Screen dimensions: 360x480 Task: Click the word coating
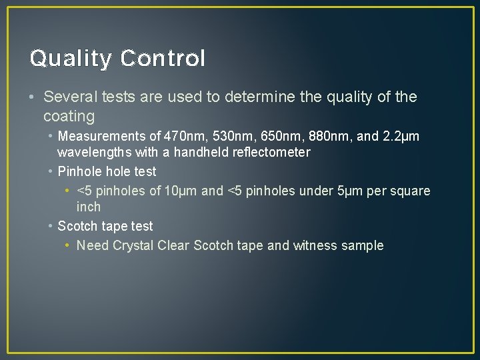(69, 117)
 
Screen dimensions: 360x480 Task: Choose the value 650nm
(276, 137)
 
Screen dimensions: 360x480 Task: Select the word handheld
(201, 153)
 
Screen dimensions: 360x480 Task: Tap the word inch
(88, 207)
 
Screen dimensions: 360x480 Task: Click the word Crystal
(133, 245)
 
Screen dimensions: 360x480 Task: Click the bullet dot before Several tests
(33, 97)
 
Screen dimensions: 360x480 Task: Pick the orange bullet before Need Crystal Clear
(69, 246)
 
